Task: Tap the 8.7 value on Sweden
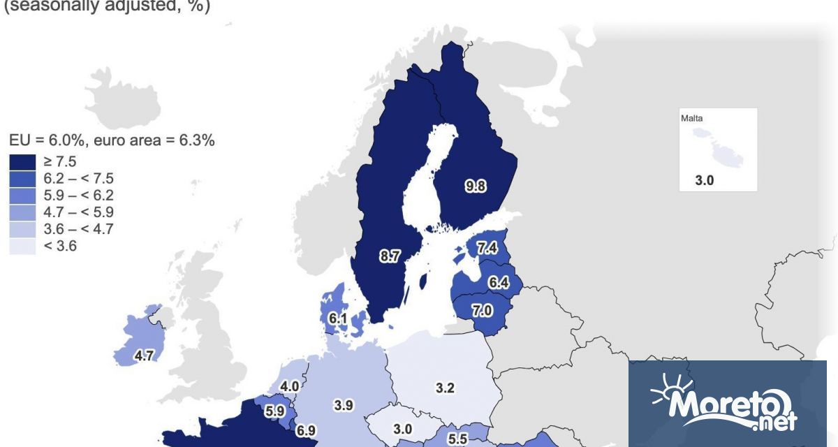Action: (x=389, y=257)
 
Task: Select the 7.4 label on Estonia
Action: (x=487, y=247)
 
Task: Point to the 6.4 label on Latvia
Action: (x=498, y=283)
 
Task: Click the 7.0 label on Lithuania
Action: (x=481, y=311)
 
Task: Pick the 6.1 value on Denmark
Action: (x=338, y=319)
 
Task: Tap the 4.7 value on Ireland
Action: (x=144, y=356)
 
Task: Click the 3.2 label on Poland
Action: (x=445, y=388)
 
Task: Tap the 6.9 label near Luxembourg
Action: (x=305, y=431)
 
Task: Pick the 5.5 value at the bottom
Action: (x=457, y=439)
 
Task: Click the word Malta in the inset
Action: (x=691, y=118)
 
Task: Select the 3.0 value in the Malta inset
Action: (x=705, y=180)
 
